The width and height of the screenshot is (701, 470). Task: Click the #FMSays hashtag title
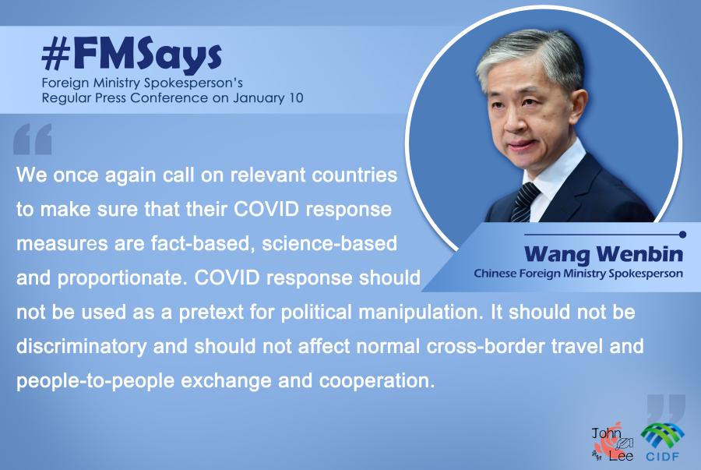click(x=132, y=56)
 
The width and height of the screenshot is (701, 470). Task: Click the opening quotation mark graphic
click(x=33, y=139)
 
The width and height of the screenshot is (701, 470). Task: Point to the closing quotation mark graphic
click(x=666, y=408)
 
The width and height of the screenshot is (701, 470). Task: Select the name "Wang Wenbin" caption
click(x=604, y=253)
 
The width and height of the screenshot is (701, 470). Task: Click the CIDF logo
click(x=663, y=442)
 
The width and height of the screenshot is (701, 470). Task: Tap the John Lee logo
click(x=612, y=443)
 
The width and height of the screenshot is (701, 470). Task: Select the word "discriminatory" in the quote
click(x=81, y=347)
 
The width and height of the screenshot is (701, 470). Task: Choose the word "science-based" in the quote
click(x=329, y=244)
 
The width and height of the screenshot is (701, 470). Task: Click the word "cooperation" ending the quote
click(x=376, y=381)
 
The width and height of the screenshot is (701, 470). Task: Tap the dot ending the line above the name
click(x=682, y=235)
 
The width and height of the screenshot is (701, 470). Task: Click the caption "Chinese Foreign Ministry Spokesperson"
click(x=579, y=274)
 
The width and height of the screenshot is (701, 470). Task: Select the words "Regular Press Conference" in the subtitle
click(x=125, y=98)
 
